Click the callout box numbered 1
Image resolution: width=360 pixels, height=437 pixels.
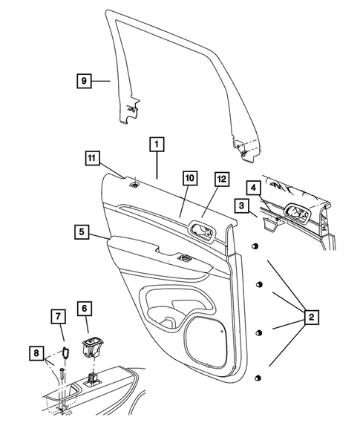tap(157, 144)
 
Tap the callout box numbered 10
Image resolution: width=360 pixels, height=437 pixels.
tap(189, 178)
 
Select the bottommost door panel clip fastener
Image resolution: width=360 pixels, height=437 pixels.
tap(257, 379)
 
